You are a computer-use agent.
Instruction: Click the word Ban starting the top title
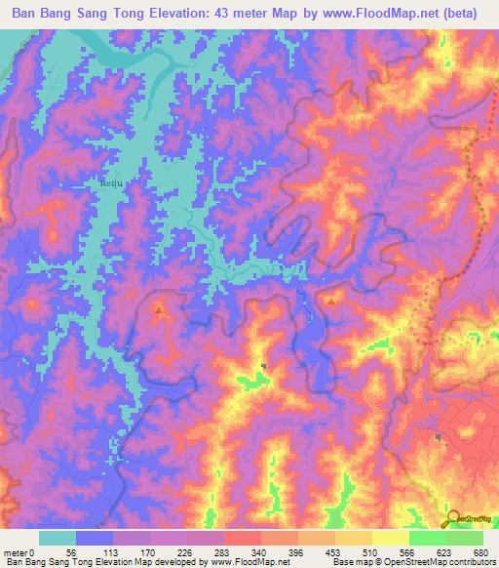(29, 14)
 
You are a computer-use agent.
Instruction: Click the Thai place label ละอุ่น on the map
(114, 182)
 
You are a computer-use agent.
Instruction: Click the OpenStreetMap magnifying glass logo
(451, 517)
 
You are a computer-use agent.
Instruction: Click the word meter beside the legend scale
(17, 551)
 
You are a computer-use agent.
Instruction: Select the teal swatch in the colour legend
(58, 538)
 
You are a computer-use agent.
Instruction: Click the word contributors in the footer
(472, 562)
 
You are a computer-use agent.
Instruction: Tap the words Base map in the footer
(347, 562)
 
